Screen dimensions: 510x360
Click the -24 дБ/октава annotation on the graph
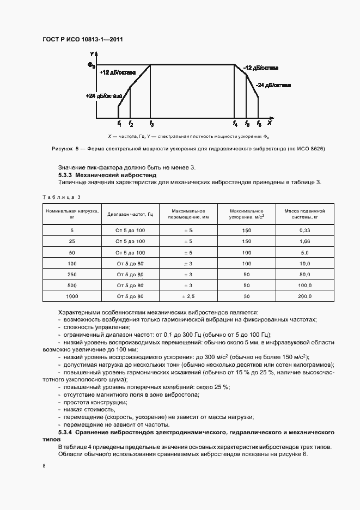(273, 85)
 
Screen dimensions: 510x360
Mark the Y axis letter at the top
(92, 53)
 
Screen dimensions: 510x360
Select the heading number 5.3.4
(65, 432)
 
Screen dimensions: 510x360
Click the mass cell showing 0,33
(304, 231)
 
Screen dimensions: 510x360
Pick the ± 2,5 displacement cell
(187, 296)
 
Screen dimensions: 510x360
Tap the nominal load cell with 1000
(72, 296)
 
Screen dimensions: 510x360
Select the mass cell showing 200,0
(304, 296)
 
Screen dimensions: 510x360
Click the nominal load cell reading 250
(72, 274)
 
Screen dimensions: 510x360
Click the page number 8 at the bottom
(44, 466)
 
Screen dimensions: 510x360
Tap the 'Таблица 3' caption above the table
(61, 197)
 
